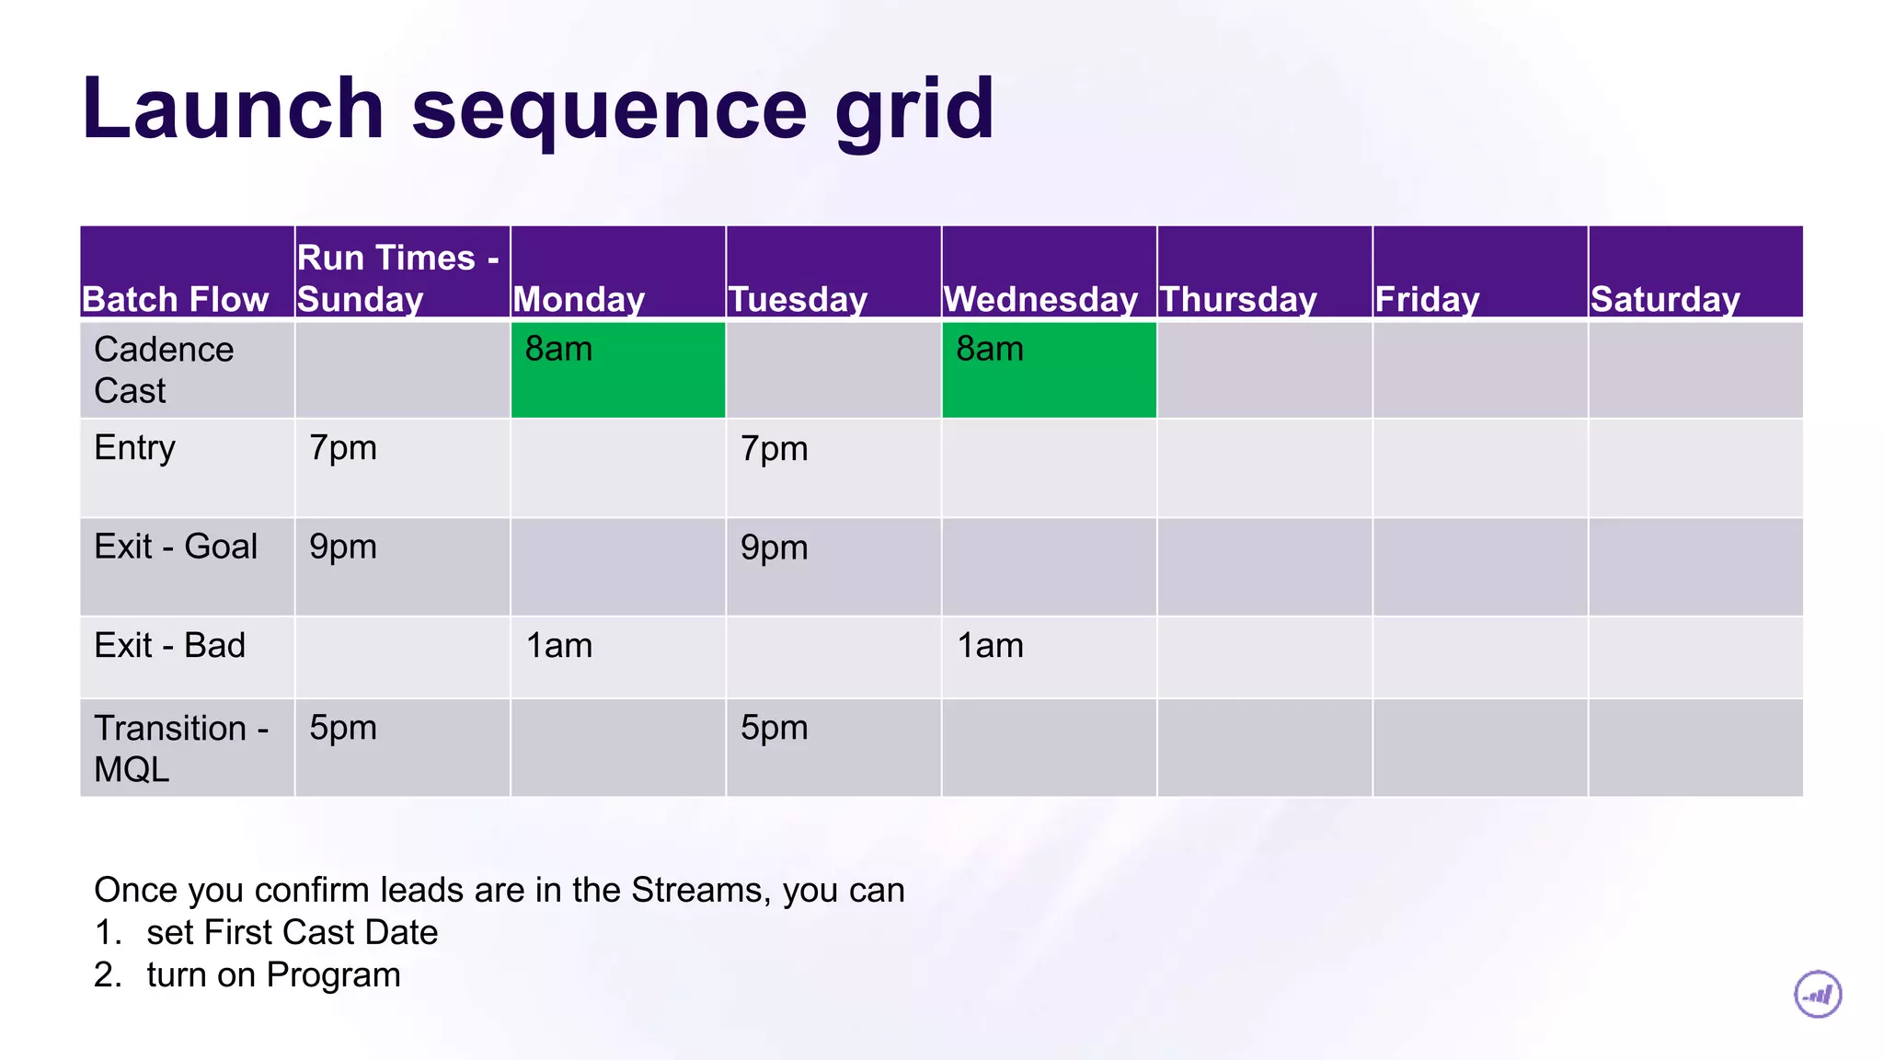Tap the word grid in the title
(x=914, y=110)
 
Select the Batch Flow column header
(x=175, y=299)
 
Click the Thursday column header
(x=1238, y=299)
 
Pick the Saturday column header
(x=1665, y=299)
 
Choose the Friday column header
(x=1427, y=299)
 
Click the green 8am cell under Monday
(x=617, y=369)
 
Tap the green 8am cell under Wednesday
(x=1049, y=369)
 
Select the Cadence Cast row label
(x=164, y=370)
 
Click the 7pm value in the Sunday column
(x=343, y=448)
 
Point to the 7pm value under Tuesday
(x=774, y=449)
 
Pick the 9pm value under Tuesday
(x=774, y=547)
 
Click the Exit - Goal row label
(x=176, y=547)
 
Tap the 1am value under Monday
(x=559, y=646)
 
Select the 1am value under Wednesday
(x=990, y=646)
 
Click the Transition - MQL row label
(x=180, y=747)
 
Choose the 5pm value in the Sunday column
(x=343, y=728)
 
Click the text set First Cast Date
(x=292, y=932)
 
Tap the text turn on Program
(x=273, y=974)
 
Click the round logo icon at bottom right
(x=1818, y=995)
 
